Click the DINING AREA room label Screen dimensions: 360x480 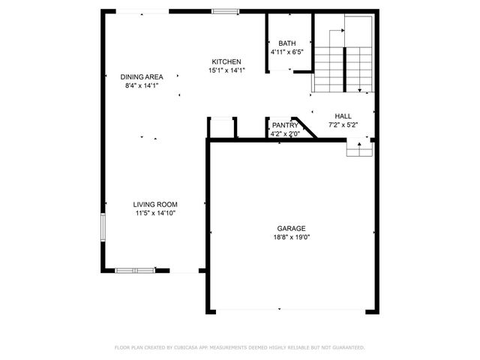[142, 76]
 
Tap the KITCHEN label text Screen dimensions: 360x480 [226, 61]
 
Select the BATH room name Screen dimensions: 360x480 [286, 43]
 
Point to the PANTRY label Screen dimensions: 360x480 [285, 125]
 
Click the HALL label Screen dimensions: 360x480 [343, 116]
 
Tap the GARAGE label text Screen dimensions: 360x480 [292, 228]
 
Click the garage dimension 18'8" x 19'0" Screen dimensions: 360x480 [292, 237]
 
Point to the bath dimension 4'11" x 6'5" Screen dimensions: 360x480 [286, 52]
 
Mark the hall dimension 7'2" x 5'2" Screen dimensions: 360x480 [343, 125]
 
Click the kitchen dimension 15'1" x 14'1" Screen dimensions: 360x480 [226, 70]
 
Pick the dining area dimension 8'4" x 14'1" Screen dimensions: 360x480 [142, 85]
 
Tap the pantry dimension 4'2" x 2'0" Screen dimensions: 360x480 [285, 133]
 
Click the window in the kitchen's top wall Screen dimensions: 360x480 [225, 11]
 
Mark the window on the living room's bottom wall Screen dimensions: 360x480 [136, 270]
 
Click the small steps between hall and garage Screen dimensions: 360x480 [359, 149]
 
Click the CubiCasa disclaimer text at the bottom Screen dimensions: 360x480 [239, 347]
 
